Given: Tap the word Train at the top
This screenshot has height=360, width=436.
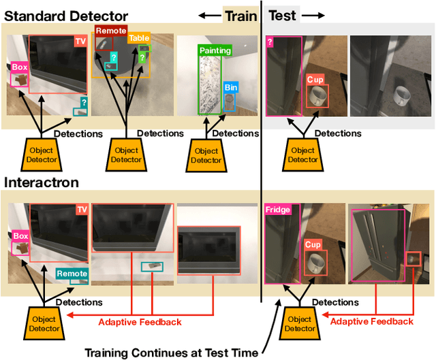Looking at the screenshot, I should click(x=240, y=15).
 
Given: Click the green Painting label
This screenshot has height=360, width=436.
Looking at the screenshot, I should click(x=215, y=50).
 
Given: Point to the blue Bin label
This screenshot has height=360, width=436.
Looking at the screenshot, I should click(x=230, y=87).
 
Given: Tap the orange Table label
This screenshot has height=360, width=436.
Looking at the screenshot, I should click(x=139, y=39).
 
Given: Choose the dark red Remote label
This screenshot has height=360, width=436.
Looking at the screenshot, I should click(x=110, y=31).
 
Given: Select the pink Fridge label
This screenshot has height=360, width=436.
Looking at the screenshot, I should click(x=278, y=210).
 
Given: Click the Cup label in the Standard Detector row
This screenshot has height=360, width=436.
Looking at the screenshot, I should click(x=314, y=80).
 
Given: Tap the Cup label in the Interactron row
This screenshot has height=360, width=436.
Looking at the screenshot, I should click(x=313, y=244).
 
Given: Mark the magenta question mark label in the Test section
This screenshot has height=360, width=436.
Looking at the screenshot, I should click(x=270, y=42).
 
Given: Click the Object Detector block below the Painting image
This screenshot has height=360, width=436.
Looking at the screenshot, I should click(x=206, y=155).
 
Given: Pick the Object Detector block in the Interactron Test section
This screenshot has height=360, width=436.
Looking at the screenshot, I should click(x=300, y=323).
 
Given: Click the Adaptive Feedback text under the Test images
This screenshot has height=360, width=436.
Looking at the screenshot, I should click(x=371, y=321).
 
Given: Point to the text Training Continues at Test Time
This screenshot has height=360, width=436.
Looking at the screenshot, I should click(x=170, y=352).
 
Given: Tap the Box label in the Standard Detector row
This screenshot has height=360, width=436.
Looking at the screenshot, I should click(x=20, y=67).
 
